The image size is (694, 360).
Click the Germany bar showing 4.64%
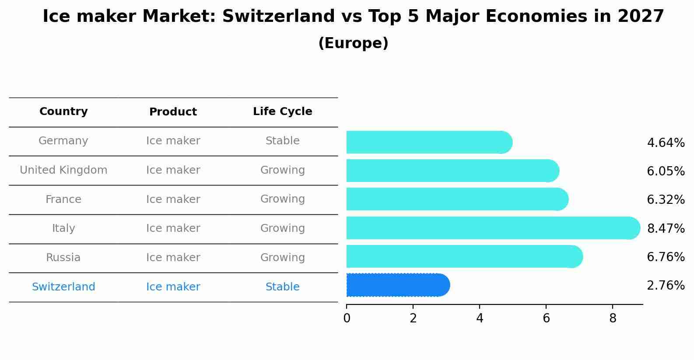tap(429, 142)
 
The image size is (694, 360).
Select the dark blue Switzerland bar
tap(397, 285)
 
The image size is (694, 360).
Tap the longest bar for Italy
tap(492, 228)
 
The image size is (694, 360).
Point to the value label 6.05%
tap(666, 171)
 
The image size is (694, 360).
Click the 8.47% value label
tap(666, 228)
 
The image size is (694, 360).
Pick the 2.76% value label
tap(666, 286)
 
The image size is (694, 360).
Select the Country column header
tap(63, 112)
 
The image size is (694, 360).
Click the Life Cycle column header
tap(282, 112)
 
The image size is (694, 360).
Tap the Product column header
tap(173, 112)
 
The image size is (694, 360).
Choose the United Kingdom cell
tap(63, 170)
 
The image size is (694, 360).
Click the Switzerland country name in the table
tap(63, 287)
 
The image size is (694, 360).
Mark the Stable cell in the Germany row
tap(282, 141)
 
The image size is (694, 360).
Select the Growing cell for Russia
tap(282, 258)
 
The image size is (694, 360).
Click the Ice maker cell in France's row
tap(173, 199)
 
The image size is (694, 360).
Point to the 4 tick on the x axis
tap(480, 318)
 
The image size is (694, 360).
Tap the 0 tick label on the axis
tap(347, 318)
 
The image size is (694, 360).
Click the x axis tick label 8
tap(613, 318)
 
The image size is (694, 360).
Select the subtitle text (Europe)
tap(353, 43)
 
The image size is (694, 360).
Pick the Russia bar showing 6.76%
tap(464, 256)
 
